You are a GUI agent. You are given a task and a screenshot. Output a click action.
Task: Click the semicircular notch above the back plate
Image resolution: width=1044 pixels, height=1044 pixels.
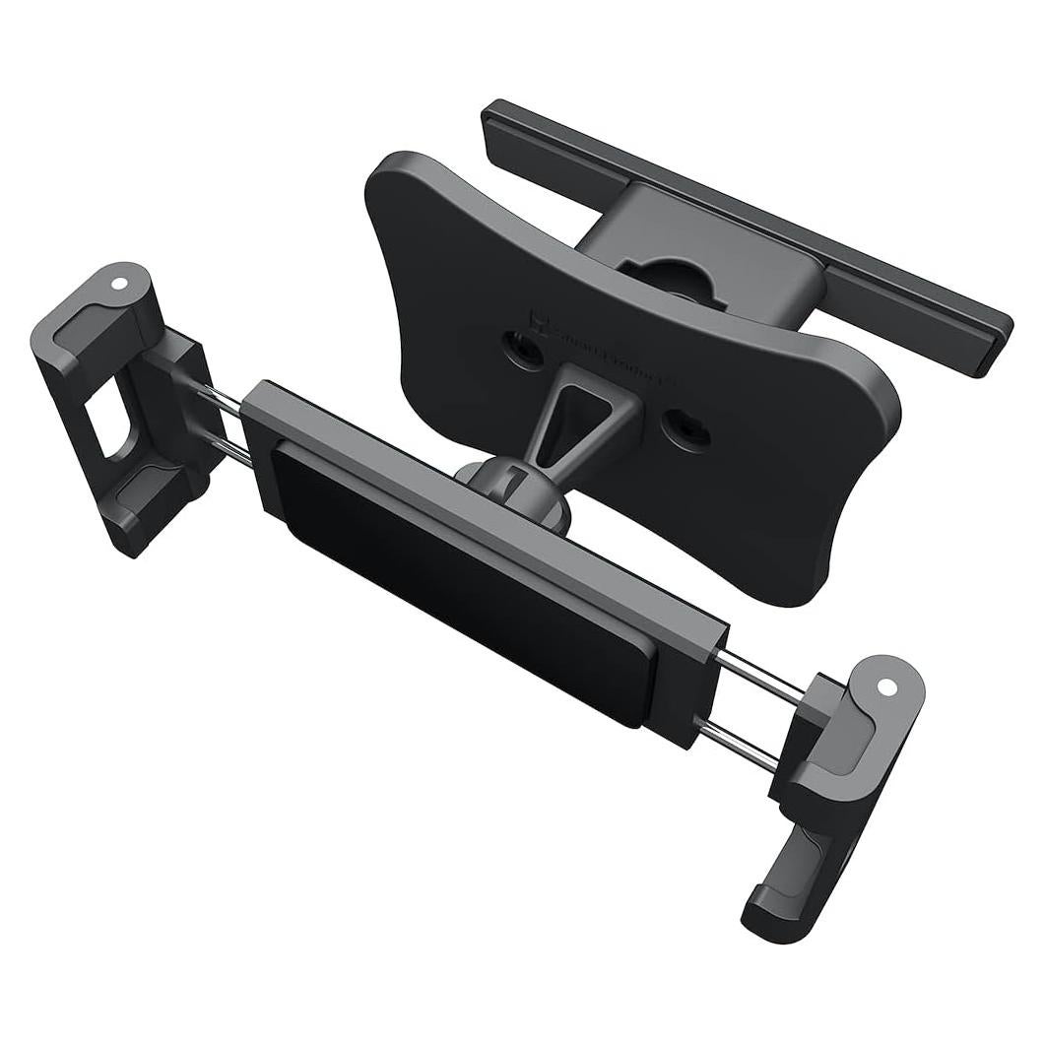(679, 275)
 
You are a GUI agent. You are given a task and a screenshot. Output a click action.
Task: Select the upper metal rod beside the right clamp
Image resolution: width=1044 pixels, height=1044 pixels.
(761, 673)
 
